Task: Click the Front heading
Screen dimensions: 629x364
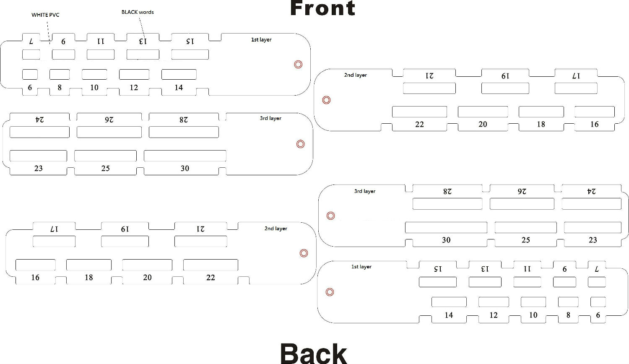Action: pos(322,8)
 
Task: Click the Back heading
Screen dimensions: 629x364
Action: pos(314,354)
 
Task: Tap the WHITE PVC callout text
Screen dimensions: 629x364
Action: pos(45,15)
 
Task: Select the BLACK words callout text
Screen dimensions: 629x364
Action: pos(138,12)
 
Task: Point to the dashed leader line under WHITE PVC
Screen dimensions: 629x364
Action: pos(49,33)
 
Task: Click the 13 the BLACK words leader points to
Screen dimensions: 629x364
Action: pos(143,41)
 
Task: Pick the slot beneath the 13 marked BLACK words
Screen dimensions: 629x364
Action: pos(143,55)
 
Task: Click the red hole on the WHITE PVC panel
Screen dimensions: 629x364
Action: pos(298,64)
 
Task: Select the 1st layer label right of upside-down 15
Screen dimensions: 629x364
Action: pos(261,39)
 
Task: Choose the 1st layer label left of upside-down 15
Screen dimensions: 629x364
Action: pos(361,267)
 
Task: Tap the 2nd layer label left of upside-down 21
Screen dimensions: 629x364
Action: pos(356,75)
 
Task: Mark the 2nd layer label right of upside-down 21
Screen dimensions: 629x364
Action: pos(276,229)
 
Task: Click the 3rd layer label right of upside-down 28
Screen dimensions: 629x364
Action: pos(270,118)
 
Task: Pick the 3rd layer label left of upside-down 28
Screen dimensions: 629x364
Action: pos(365,191)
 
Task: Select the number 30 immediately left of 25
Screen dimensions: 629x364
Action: pos(446,240)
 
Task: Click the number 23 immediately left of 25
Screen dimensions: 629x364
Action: pos(39,168)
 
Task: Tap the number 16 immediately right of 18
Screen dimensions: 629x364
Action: pos(595,124)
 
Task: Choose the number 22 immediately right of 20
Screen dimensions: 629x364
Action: pos(211,278)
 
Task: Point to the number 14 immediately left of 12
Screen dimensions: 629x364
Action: pos(449,315)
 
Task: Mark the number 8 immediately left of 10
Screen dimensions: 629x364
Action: pos(60,87)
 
